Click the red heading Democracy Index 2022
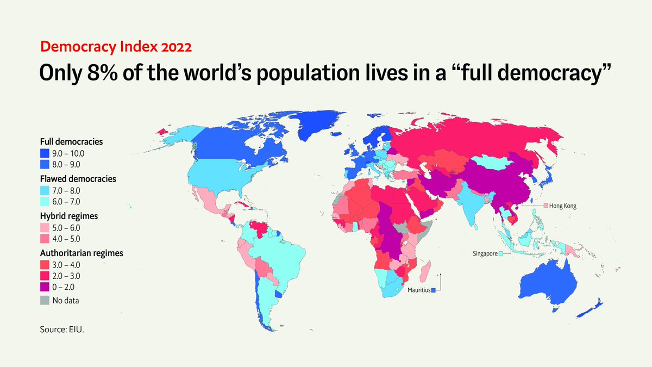(115, 47)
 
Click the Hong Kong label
(562, 206)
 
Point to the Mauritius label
(418, 290)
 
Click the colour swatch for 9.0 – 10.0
(45, 153)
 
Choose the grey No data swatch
(45, 300)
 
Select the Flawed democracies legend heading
(78, 178)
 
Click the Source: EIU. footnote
(62, 329)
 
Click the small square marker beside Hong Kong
(545, 206)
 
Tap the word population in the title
(331, 74)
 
